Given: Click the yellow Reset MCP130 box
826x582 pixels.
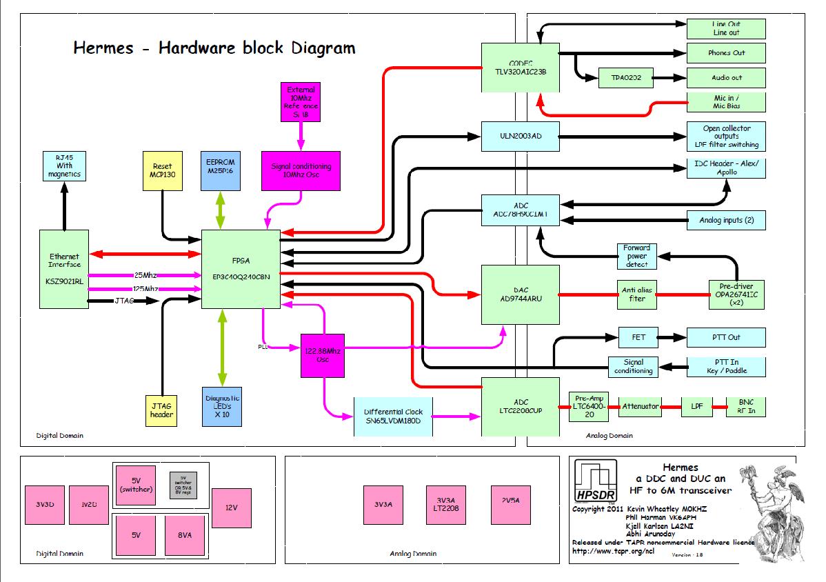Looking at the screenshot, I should point(162,171).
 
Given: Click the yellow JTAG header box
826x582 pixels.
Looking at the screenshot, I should point(163,410).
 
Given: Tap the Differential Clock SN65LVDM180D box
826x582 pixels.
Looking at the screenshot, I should point(392,417).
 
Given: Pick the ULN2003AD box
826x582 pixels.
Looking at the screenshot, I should point(521,135).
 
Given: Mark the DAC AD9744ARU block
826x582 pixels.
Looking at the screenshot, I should point(521,294).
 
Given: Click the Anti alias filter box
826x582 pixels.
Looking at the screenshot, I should point(637,294).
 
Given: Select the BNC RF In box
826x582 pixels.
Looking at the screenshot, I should point(746,407).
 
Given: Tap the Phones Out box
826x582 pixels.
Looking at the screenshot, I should point(727,53).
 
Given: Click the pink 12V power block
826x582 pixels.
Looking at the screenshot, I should point(231,508).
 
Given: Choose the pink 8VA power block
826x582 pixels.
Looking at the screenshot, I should point(184,534).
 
